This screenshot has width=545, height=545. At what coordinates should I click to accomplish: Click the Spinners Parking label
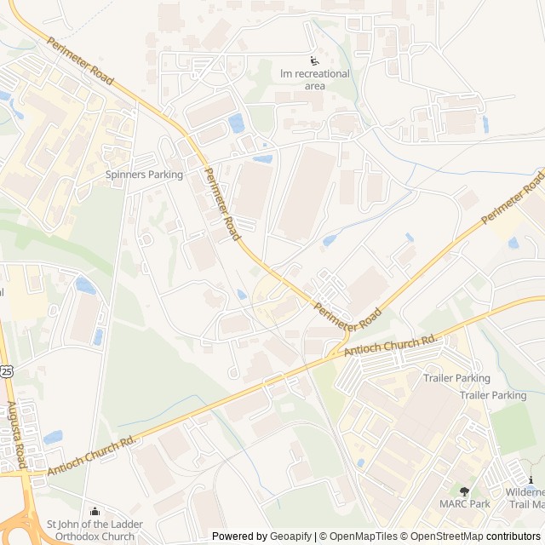click(144, 175)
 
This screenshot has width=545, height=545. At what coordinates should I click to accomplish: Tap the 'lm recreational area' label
click(315, 79)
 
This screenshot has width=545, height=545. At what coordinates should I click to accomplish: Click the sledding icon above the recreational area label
click(314, 60)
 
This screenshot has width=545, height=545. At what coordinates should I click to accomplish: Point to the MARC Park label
click(464, 504)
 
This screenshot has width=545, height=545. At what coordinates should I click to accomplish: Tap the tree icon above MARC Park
click(464, 491)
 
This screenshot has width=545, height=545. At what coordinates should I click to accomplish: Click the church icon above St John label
click(95, 511)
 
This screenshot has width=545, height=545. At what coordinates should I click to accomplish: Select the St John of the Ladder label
click(95, 524)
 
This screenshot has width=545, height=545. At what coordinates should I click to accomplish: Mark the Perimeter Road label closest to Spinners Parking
click(221, 202)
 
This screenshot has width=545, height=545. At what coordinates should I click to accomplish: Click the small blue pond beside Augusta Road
click(52, 438)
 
